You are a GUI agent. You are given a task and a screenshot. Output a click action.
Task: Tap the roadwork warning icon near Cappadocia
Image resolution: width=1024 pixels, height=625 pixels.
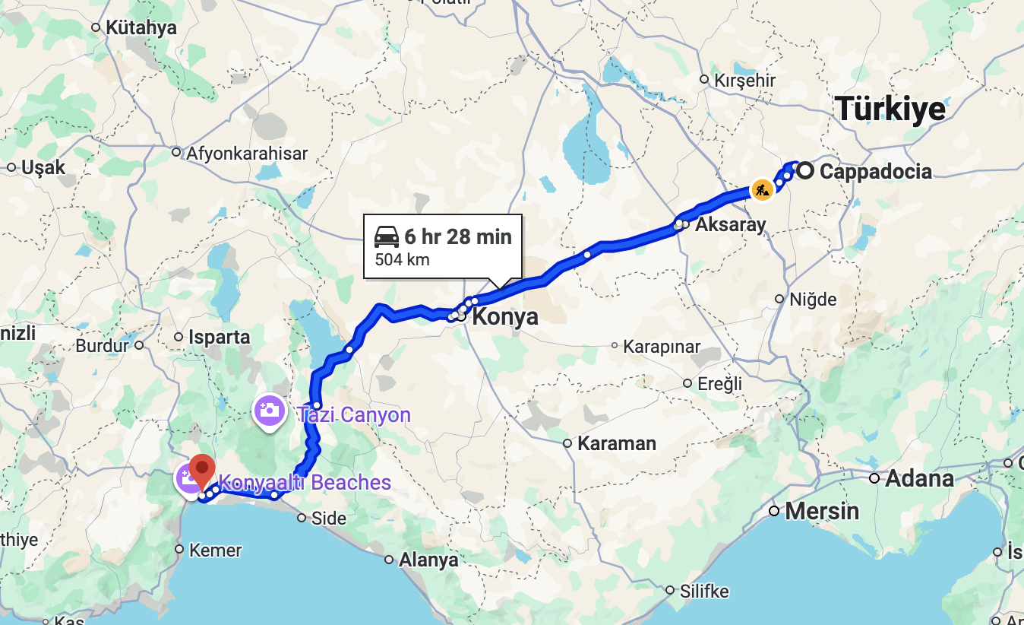762,189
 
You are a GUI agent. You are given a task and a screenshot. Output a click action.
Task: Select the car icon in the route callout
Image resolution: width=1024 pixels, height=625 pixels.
387,237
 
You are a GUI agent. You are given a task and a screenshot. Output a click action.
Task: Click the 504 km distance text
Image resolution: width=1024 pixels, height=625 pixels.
402,260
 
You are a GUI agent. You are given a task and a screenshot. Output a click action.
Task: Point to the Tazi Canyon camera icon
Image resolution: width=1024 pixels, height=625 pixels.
270,411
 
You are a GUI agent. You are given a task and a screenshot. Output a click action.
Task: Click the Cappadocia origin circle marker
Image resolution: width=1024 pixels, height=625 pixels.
805,171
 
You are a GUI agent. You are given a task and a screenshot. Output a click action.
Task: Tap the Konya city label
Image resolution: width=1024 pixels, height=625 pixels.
505,316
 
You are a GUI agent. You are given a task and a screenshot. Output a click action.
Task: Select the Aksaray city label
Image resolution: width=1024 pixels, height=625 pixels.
731,224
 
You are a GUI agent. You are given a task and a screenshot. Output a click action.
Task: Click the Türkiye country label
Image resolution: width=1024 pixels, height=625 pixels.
890,109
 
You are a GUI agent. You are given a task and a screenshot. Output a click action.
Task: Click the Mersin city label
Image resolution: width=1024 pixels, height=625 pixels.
822,510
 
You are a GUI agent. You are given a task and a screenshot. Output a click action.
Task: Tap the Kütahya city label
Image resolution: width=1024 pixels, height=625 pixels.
141,28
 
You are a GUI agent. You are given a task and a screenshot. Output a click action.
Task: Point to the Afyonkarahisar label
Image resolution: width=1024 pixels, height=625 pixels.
248,153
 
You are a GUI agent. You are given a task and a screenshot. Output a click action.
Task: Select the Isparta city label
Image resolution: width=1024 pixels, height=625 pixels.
220,337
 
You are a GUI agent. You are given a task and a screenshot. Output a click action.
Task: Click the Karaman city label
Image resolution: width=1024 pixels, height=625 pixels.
617,443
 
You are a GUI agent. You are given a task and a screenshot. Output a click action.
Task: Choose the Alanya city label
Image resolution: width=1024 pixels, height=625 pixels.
429,560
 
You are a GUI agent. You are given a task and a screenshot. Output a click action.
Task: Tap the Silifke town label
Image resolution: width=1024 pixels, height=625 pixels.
705,591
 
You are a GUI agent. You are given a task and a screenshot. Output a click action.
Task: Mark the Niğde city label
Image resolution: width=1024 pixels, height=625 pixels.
813,300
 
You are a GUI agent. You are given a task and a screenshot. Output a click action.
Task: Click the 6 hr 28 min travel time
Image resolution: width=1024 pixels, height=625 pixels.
458,236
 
